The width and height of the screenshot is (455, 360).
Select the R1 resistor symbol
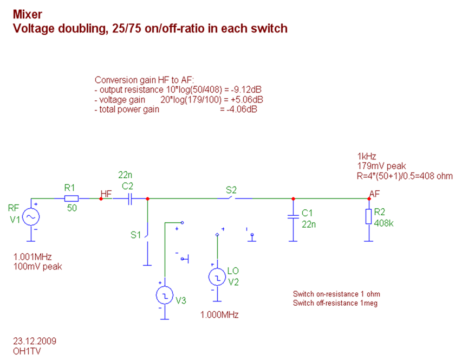pos(71,198)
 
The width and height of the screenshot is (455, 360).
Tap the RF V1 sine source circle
pos(30,217)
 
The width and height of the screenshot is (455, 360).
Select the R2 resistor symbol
pos(369,216)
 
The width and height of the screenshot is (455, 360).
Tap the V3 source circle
pos(164,295)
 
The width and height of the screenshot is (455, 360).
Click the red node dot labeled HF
pos(101,199)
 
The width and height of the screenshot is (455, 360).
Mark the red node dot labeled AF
pos(369,199)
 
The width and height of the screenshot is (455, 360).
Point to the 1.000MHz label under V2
pos(219,315)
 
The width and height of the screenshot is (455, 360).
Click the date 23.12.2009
pos(34,341)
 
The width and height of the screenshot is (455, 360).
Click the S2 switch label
pos(231,190)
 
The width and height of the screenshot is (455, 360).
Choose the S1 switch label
pos(135,235)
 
